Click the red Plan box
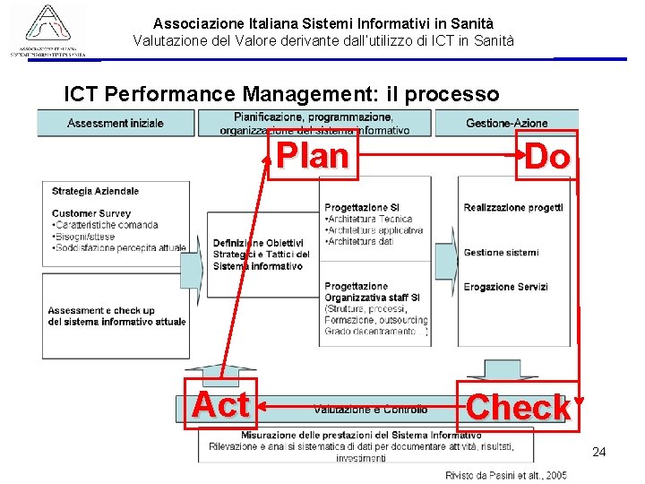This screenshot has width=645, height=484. [x=313, y=155]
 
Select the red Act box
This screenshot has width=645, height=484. [x=220, y=404]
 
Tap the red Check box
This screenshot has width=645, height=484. [x=517, y=408]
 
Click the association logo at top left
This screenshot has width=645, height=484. [x=49, y=30]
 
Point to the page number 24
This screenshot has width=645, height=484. [x=599, y=452]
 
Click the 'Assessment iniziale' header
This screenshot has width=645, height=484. [x=116, y=123]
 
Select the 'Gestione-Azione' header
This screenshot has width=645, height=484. [x=507, y=123]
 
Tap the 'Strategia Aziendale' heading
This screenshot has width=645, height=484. [x=95, y=191]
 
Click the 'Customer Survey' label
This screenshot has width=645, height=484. [x=90, y=213]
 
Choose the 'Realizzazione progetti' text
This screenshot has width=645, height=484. [x=512, y=208]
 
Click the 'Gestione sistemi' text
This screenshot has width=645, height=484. [x=501, y=253]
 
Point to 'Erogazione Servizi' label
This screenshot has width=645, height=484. [x=505, y=287]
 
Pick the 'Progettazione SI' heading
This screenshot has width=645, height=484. [x=361, y=208]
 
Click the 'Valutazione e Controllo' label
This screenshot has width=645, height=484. [x=370, y=410]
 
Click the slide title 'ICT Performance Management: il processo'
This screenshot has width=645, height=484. [x=281, y=93]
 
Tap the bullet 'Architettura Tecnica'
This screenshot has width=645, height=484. [x=369, y=219]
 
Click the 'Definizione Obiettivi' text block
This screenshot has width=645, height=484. [x=258, y=243]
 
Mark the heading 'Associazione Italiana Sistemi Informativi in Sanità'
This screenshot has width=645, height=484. [x=323, y=23]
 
